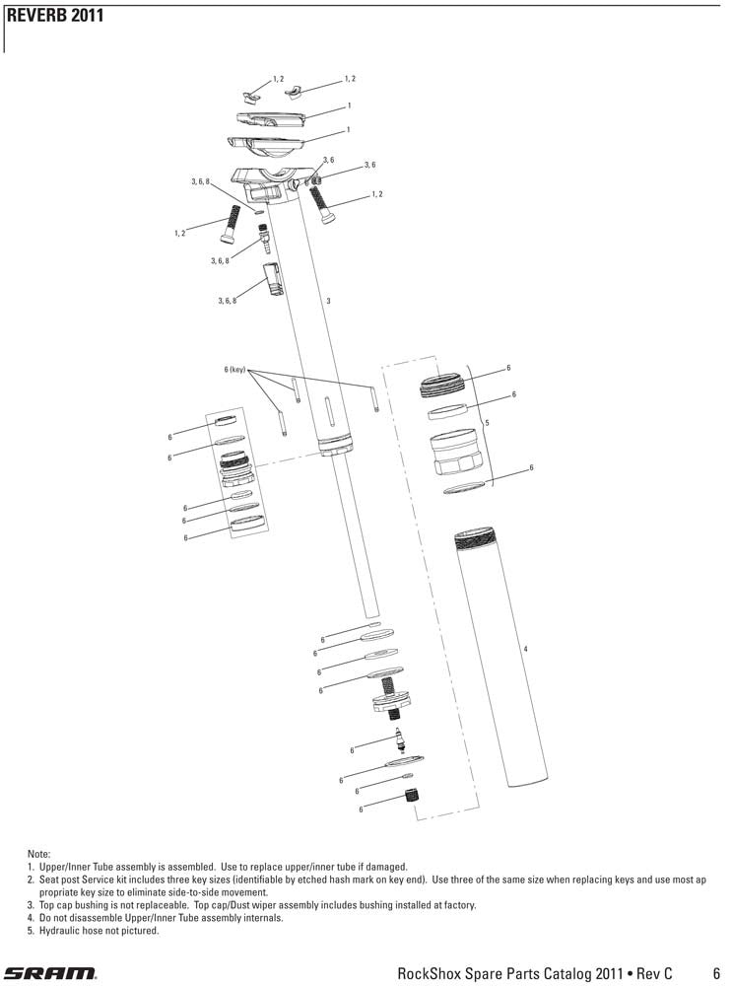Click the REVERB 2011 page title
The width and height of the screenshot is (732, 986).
coord(54,16)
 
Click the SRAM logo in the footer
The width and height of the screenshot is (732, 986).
coord(51,972)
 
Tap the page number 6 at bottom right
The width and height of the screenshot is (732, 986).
coord(716,973)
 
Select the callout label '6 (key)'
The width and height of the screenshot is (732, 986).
coord(235,370)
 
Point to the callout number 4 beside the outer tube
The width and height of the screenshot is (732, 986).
coord(525,649)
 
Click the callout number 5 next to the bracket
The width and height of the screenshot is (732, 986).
coord(487,423)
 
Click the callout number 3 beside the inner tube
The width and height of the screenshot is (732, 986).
coord(328,301)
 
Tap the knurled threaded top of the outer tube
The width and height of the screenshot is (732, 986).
coord(475,539)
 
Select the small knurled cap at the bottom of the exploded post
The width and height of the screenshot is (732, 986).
coord(412,795)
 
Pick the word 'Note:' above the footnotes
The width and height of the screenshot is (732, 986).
coord(39,854)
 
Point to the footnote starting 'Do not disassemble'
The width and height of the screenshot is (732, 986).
coord(156,918)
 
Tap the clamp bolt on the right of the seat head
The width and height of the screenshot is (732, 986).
coord(322,203)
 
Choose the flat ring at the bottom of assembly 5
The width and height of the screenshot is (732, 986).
coord(464,488)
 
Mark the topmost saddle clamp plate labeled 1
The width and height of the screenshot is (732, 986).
coord(272,118)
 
